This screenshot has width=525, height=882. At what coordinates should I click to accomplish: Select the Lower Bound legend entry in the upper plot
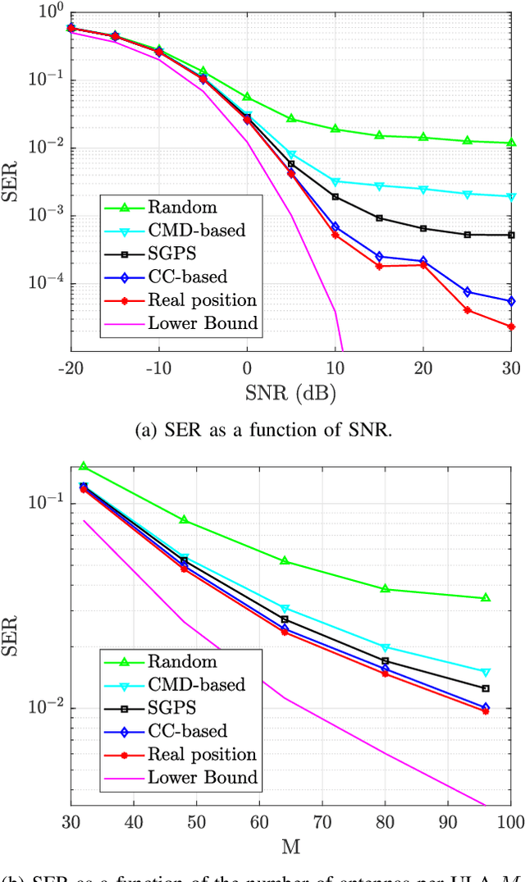[203, 323]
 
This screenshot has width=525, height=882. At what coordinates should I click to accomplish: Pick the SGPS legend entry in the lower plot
[170, 707]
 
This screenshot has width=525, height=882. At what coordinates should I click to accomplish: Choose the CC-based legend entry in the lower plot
[187, 730]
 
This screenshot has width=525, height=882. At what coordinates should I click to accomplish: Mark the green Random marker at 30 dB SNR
[511, 143]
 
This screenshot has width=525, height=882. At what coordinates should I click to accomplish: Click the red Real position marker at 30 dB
[511, 327]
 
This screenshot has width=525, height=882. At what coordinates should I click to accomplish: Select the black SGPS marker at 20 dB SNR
[423, 228]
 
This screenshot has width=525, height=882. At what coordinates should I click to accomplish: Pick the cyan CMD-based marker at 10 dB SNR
[336, 181]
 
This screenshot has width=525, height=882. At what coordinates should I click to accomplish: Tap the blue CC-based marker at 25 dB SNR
[467, 292]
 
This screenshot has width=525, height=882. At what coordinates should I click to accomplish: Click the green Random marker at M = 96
[486, 597]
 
